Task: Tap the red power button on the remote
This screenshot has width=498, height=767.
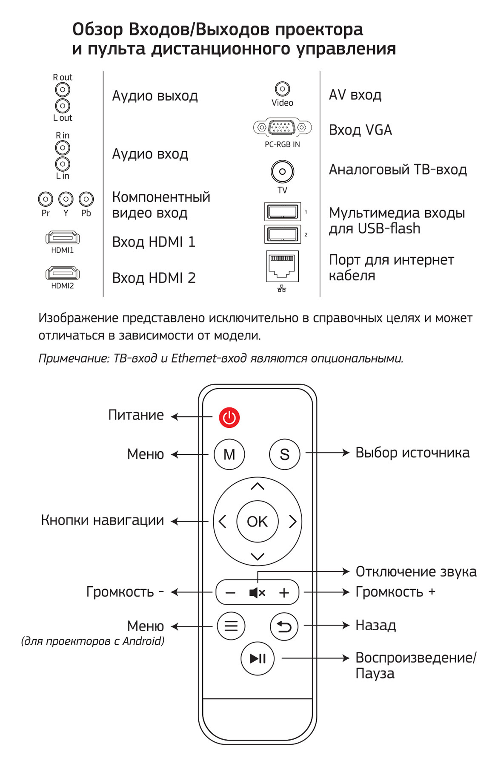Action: (229, 417)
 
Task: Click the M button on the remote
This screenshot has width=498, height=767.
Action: (229, 454)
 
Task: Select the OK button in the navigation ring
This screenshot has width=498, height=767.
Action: (258, 522)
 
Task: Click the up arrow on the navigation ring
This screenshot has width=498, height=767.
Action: (258, 486)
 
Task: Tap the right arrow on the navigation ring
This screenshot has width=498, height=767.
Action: (293, 522)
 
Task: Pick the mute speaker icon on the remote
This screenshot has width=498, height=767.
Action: (257, 593)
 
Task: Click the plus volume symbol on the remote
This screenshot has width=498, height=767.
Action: (284, 593)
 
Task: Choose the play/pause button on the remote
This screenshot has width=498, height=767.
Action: (258, 658)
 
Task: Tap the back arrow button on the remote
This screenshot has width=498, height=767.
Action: (284, 626)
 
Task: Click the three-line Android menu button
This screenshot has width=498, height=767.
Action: (231, 626)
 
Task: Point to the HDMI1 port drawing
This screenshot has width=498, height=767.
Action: (63, 237)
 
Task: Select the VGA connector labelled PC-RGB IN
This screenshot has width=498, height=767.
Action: (282, 127)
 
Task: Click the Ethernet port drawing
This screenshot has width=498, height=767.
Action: (282, 266)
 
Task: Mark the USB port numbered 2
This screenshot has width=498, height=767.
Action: (283, 234)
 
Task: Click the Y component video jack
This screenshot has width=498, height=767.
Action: (66, 199)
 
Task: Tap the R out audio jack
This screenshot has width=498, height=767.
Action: (63, 90)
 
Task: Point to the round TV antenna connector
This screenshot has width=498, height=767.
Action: (282, 172)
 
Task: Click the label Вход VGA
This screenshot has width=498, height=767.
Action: (360, 130)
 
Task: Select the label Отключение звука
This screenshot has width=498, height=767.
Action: (416, 572)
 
